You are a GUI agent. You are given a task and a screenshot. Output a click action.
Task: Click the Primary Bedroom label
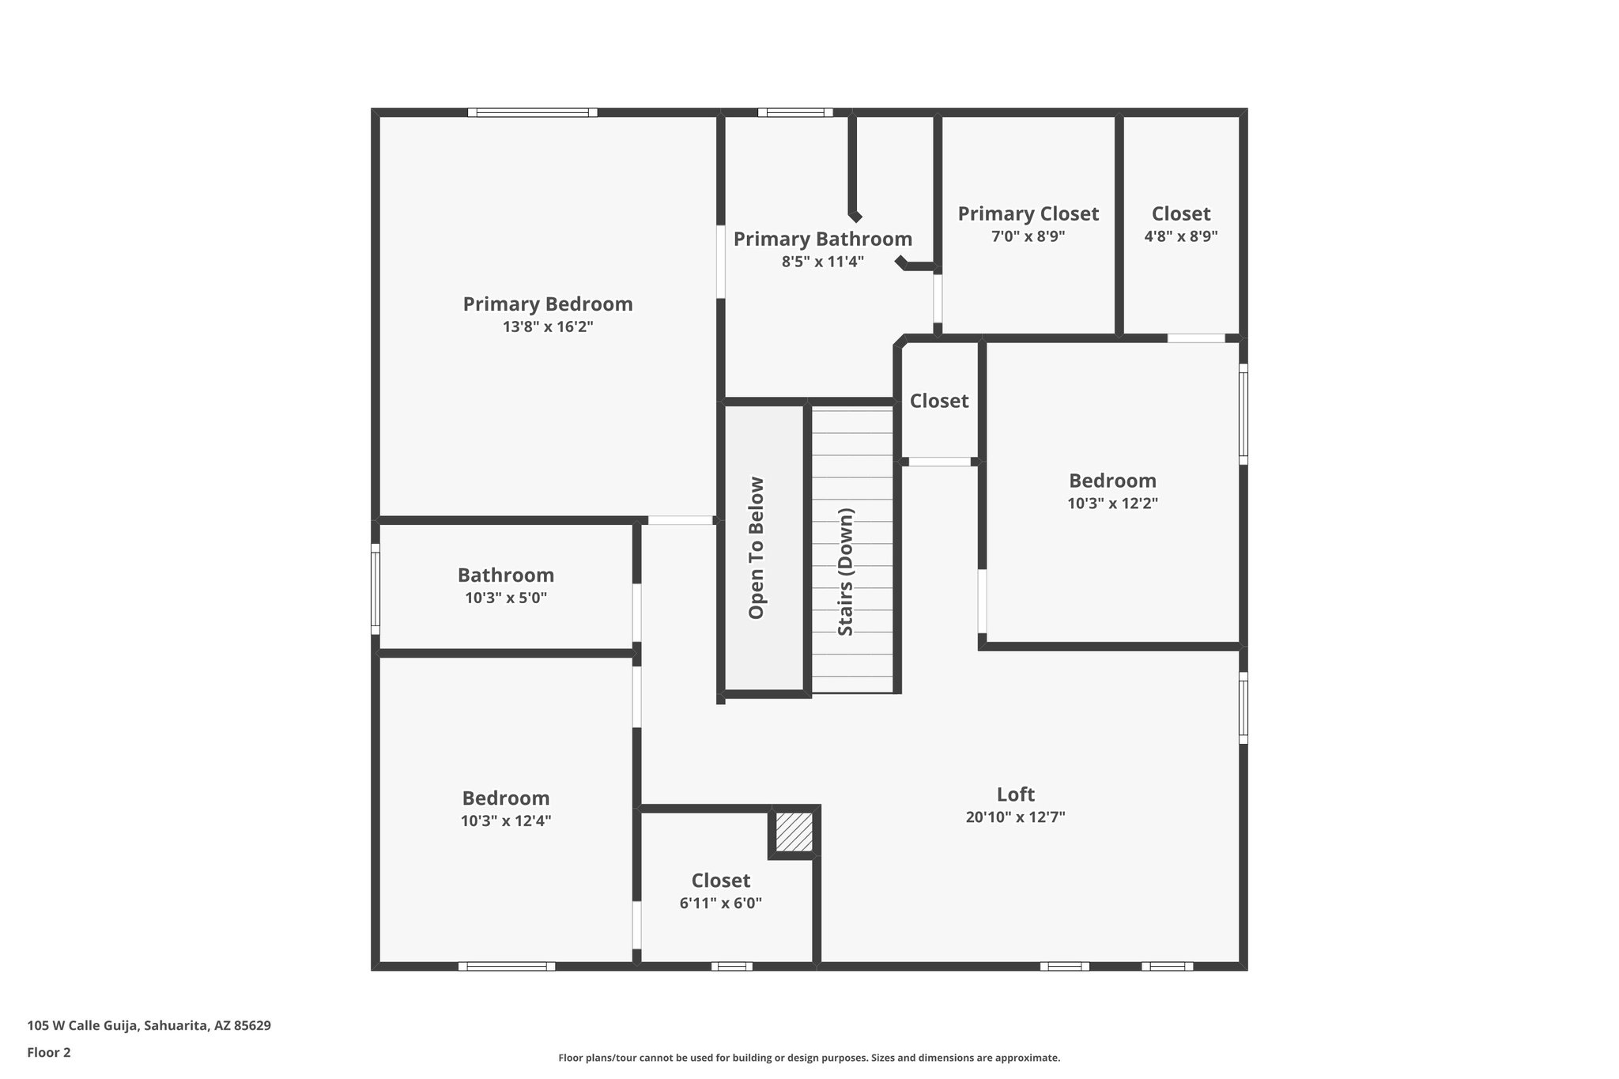pyautogui.click(x=547, y=304)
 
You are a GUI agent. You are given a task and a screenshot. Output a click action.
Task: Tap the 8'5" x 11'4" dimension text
pyautogui.click(x=822, y=262)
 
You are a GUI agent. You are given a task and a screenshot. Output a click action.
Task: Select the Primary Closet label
pyautogui.click(x=1028, y=214)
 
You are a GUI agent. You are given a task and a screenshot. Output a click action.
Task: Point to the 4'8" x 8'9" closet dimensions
pyautogui.click(x=1180, y=236)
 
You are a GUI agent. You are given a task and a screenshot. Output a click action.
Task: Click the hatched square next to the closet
pyautogui.click(x=794, y=832)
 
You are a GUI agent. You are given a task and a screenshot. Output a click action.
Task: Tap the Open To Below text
pyautogui.click(x=757, y=548)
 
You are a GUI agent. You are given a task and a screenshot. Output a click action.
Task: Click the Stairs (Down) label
pyautogui.click(x=845, y=572)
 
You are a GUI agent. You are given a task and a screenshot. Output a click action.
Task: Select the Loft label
pyautogui.click(x=1015, y=794)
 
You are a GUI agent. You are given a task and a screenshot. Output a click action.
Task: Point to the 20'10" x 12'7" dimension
pyautogui.click(x=1015, y=817)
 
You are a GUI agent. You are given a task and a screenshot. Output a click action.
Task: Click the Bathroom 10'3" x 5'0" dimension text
pyautogui.click(x=505, y=598)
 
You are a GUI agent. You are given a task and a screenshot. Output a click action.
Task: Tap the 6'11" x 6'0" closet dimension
pyautogui.click(x=720, y=904)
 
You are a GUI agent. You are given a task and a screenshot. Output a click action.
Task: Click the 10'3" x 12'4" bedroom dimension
pyautogui.click(x=505, y=821)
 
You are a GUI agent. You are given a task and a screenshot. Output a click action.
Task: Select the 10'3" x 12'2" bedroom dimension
pyautogui.click(x=1112, y=504)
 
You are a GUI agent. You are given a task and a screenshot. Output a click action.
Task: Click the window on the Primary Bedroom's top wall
pyautogui.click(x=532, y=113)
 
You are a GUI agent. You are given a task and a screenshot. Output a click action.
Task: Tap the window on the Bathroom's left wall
pyautogui.click(x=376, y=588)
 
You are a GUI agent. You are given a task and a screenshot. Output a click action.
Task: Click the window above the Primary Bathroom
pyautogui.click(x=794, y=113)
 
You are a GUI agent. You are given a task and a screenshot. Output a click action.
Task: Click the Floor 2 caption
pyautogui.click(x=48, y=1052)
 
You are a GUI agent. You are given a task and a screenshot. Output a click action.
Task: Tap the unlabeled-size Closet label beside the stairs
pyautogui.click(x=938, y=402)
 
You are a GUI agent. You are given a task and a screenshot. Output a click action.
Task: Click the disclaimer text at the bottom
pyautogui.click(x=809, y=1058)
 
